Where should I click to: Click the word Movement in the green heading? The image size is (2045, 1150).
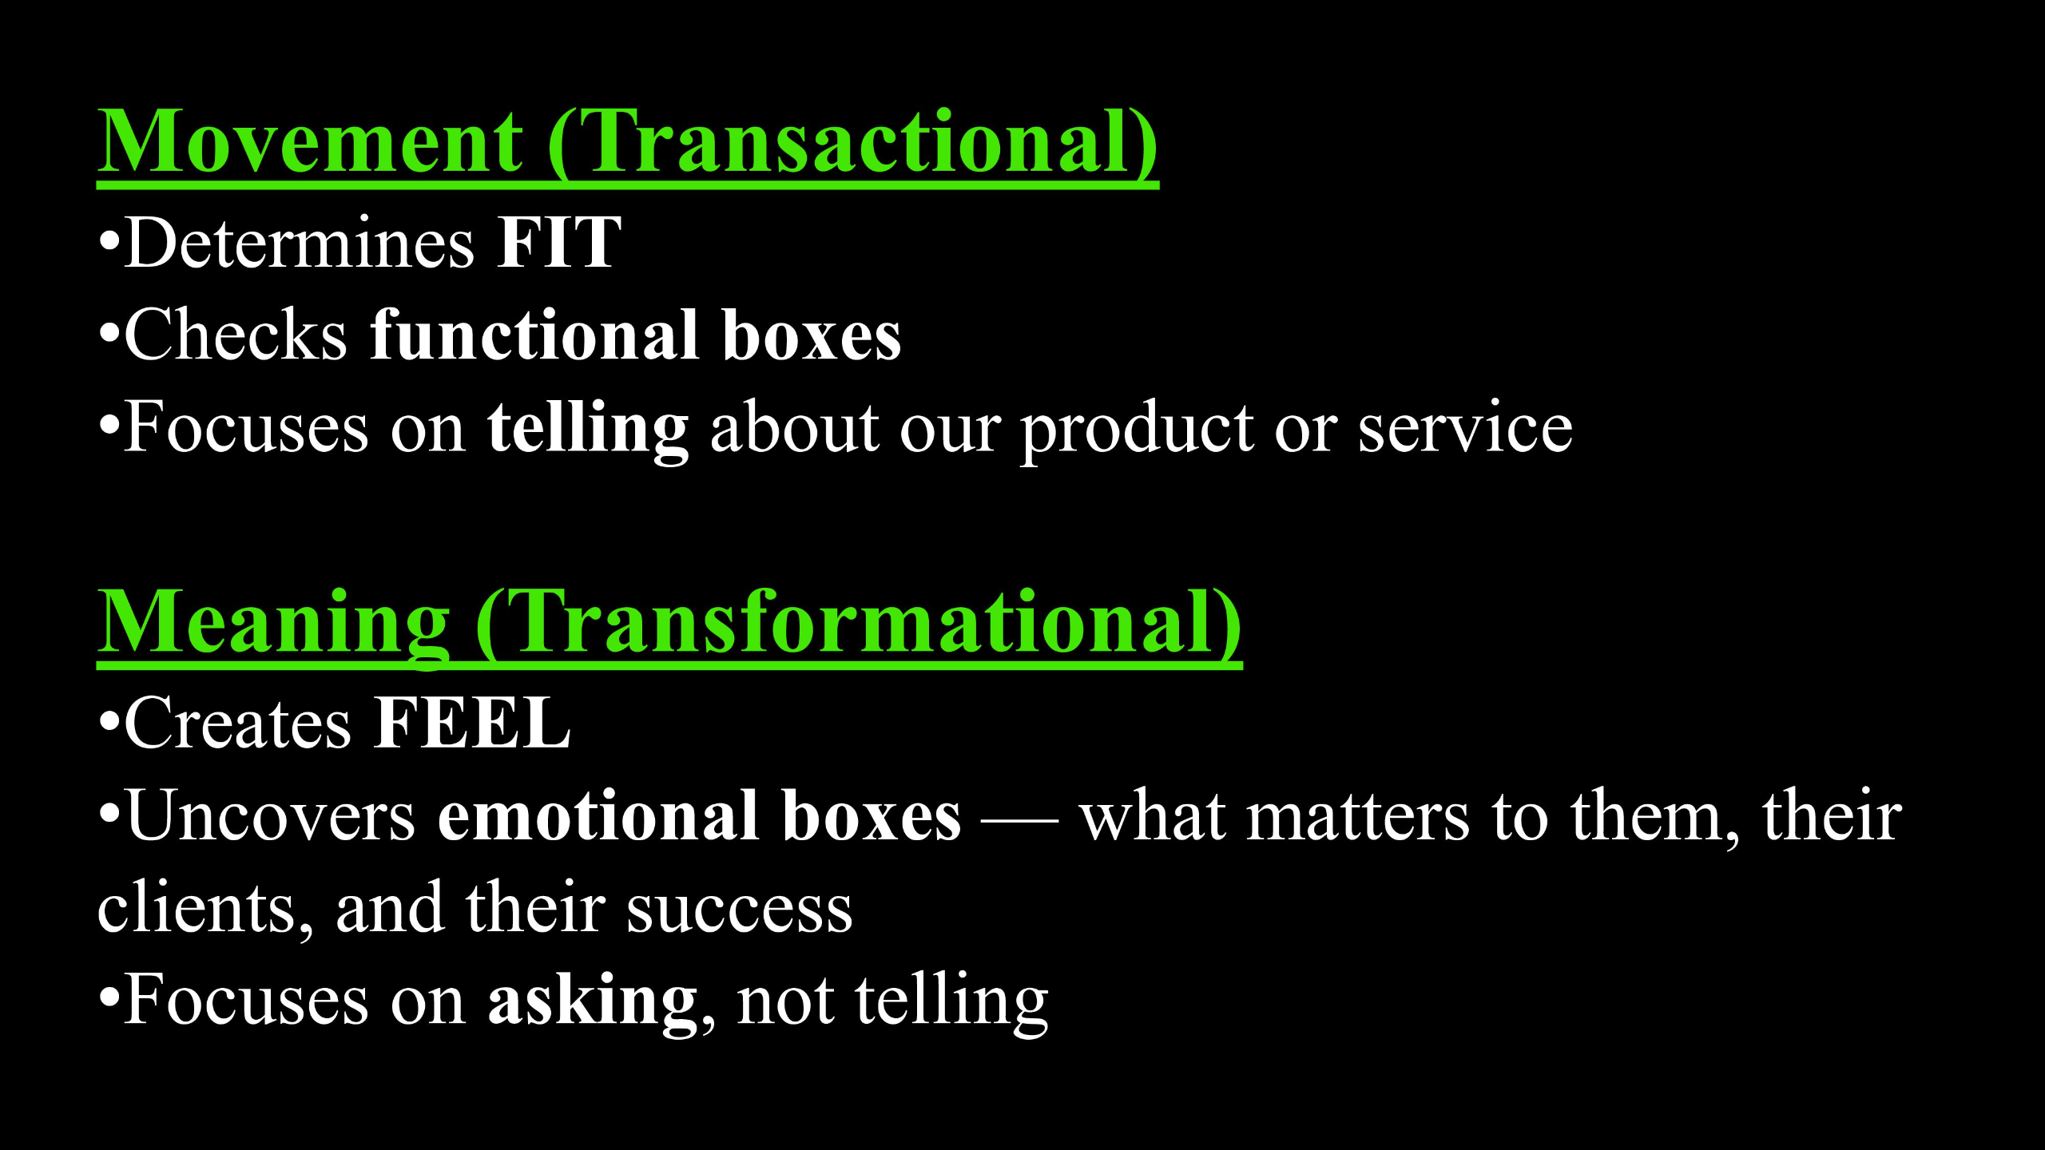coord(310,141)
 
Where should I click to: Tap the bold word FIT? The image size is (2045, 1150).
coord(558,243)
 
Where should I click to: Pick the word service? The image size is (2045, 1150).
coord(1465,430)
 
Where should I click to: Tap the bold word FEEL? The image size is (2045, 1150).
coord(472,724)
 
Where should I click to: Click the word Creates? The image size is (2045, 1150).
coord(237,724)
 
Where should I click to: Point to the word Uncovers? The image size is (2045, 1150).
coord(271,815)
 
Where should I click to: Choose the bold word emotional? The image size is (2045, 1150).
coord(598,815)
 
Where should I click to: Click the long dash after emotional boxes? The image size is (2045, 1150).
coord(1020,819)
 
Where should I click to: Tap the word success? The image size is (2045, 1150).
coord(740,910)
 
